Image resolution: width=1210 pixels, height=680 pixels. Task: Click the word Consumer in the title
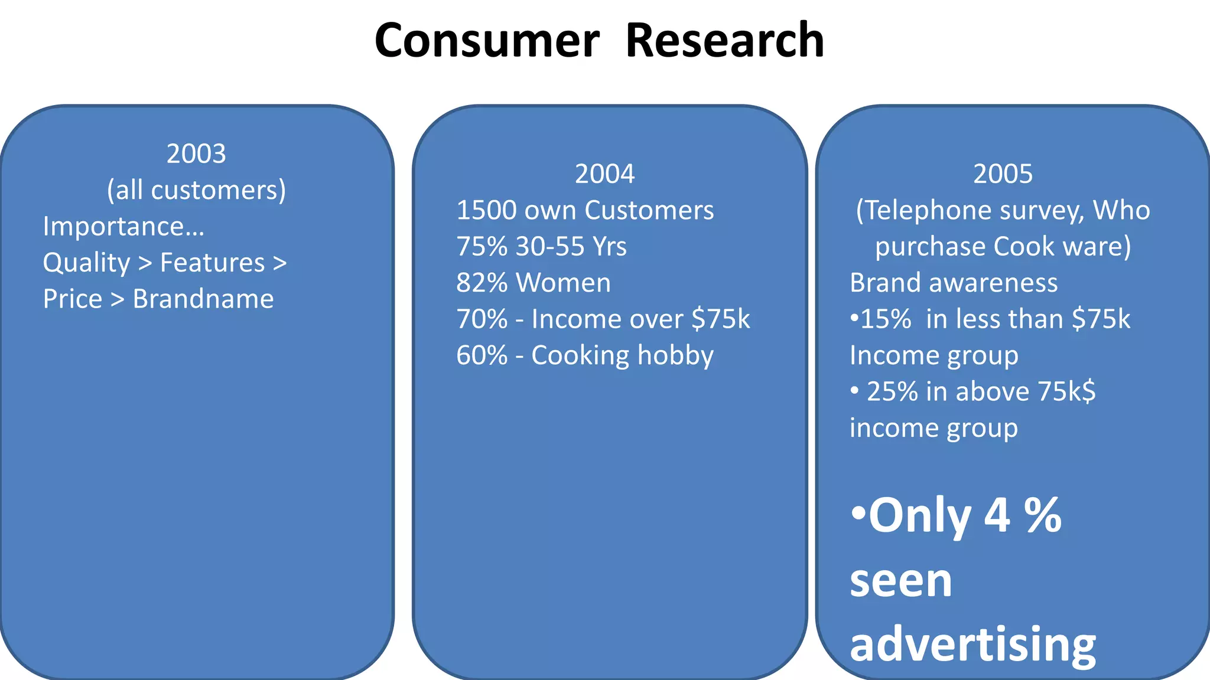coord(487,41)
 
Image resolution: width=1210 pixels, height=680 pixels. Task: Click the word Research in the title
coord(724,41)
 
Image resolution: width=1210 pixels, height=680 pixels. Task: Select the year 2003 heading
coord(196,154)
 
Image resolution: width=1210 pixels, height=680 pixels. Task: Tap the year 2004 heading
coord(604,174)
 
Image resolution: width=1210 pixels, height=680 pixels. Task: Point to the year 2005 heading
coord(1003,174)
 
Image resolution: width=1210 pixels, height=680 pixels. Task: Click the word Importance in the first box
coord(123,227)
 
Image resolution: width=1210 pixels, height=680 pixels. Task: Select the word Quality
coord(86,263)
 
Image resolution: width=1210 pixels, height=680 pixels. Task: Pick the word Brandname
coord(203,299)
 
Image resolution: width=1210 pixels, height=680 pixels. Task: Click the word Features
coord(213,263)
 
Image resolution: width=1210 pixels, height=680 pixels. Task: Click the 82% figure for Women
coord(482,283)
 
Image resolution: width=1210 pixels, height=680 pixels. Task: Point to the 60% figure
coord(482,356)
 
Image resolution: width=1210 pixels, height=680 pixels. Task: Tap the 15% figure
coord(886,319)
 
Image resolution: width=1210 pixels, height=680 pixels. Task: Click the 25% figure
coord(892,392)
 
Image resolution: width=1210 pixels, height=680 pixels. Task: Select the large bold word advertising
coord(972,645)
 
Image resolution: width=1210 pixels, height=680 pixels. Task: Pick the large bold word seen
coord(901,581)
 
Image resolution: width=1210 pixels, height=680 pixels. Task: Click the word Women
coord(563,283)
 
